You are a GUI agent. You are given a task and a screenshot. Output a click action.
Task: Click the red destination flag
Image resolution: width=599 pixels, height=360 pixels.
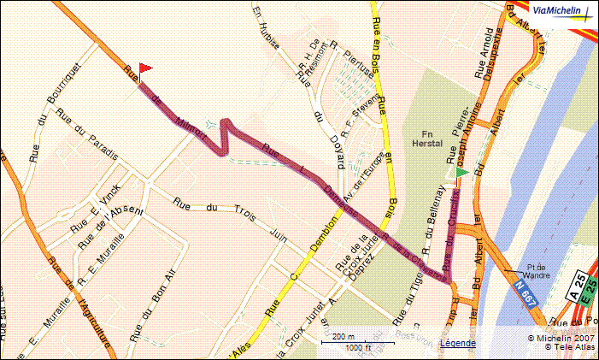click(x=144, y=67)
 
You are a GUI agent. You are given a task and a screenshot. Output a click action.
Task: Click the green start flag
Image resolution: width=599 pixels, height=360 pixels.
click(x=461, y=173)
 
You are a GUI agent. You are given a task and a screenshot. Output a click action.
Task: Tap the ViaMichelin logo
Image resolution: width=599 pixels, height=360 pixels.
click(x=557, y=10)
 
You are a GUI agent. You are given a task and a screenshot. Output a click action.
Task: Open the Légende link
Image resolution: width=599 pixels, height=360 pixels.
click(x=458, y=343)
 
